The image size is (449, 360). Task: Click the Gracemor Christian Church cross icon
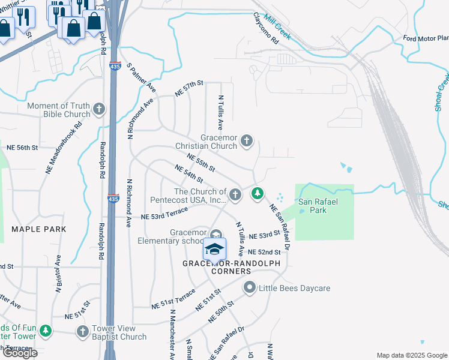[246, 142]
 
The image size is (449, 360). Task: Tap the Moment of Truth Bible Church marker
[99, 110]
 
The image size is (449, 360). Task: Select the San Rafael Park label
[318, 206]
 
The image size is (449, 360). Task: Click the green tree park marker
[257, 193]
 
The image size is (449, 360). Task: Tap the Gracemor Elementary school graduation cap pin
[214, 247]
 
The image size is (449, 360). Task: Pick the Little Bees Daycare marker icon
[250, 289]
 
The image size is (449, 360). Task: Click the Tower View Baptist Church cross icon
[83, 331]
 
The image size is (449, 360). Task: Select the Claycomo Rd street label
[267, 29]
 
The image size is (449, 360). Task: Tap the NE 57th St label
[190, 89]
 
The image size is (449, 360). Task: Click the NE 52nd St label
[264, 252]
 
